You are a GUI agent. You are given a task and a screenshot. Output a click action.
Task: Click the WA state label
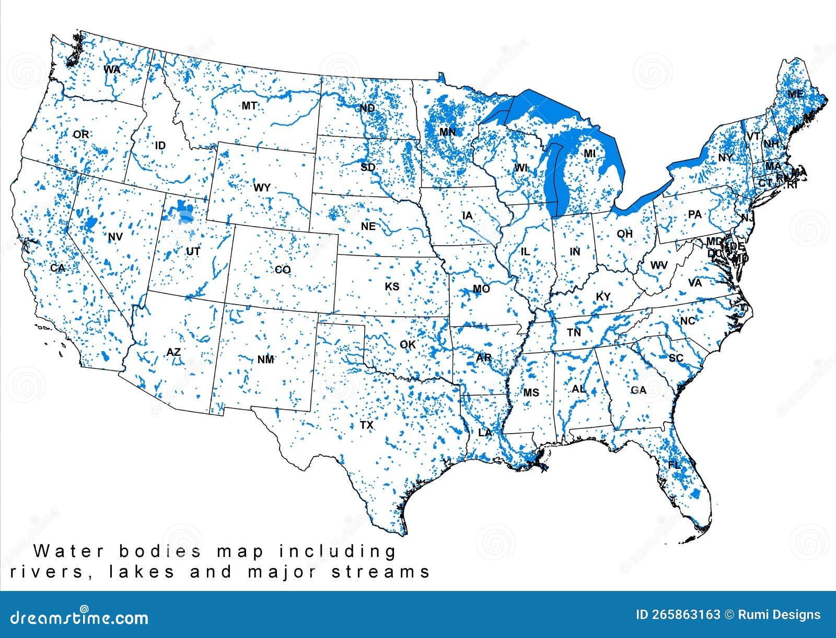pos(112,69)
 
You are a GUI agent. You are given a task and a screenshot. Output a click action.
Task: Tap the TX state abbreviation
pos(367,425)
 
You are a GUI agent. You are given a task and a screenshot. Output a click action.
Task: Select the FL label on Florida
pos(675,465)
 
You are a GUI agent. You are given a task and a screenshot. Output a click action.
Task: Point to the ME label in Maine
pos(795,95)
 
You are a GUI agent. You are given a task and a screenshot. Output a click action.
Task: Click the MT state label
pos(249,106)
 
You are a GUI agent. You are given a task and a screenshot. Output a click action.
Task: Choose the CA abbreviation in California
pos(57,268)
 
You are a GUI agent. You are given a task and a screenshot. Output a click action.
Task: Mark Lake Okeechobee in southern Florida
pos(695,494)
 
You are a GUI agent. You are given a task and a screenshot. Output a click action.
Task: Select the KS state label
pos(392,286)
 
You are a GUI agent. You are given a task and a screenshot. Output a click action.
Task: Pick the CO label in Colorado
pos(283,270)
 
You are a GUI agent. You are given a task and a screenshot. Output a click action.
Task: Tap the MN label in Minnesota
pos(448,132)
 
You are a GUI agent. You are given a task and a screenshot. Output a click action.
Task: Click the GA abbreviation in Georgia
pos(638,390)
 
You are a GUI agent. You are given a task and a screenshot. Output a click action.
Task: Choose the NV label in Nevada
pos(115,237)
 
